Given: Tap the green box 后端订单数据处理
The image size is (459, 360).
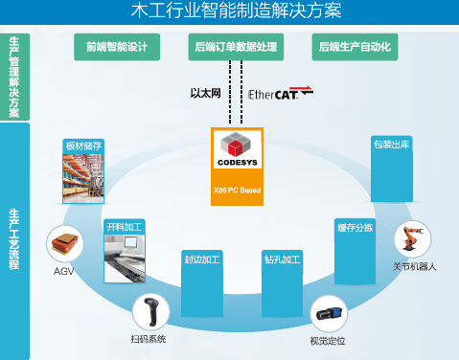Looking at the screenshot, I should (x=235, y=46).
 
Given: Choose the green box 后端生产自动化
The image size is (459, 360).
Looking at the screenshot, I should (x=354, y=46).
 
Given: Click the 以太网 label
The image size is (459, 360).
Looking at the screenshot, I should (x=205, y=94).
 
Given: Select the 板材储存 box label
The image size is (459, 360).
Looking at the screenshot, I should (x=83, y=146).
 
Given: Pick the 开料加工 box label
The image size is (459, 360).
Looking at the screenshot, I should (x=124, y=226).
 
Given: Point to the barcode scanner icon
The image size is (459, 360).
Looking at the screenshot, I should (x=149, y=311).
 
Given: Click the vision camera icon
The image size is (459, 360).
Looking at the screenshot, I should (x=327, y=312).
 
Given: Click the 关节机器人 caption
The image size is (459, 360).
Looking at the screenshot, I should (x=415, y=266).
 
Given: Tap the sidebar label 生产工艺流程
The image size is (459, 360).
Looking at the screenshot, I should (x=14, y=239).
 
